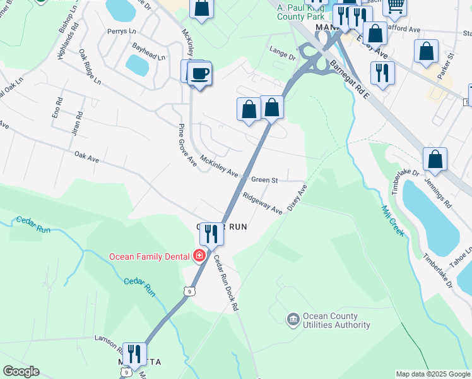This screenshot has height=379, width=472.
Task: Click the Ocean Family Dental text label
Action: (x=150, y=256)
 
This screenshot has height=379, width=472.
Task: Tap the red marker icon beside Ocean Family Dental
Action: (x=199, y=256)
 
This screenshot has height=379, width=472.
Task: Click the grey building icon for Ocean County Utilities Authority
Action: (x=293, y=320)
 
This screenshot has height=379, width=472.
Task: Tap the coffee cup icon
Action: (x=200, y=74)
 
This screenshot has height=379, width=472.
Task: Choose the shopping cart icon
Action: (x=394, y=5)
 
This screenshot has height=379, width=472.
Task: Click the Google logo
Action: (x=21, y=371)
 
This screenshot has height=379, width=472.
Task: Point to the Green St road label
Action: (x=264, y=180)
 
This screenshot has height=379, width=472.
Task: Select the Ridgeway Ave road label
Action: (x=262, y=204)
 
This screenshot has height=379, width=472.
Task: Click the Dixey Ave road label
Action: (x=297, y=198)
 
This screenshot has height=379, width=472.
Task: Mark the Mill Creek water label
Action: (x=392, y=220)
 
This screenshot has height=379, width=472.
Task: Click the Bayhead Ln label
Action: (x=148, y=51)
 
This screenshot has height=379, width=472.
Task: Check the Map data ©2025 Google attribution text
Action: (x=433, y=374)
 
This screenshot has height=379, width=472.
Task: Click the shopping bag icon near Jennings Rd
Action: (x=435, y=160)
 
